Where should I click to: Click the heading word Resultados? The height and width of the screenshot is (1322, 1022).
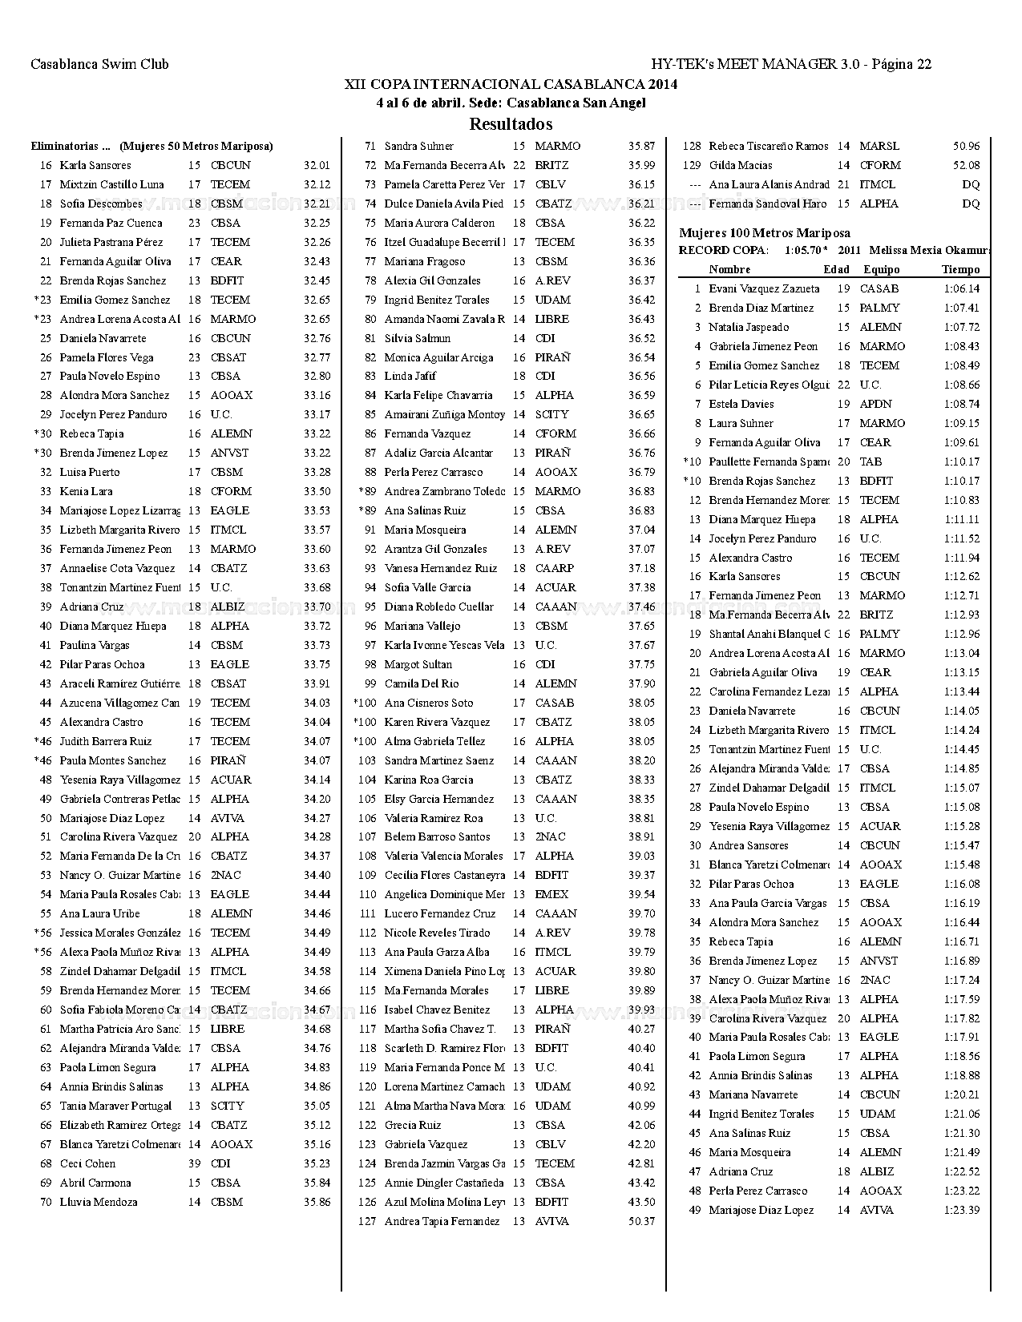click(x=511, y=124)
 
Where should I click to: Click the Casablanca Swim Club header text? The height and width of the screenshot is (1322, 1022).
click(x=99, y=65)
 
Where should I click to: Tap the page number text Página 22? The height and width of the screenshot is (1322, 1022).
click(x=901, y=65)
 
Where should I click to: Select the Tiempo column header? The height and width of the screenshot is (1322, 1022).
click(x=960, y=270)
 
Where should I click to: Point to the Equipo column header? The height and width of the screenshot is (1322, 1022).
click(x=881, y=270)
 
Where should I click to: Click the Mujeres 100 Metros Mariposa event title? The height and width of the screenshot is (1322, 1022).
click(x=765, y=233)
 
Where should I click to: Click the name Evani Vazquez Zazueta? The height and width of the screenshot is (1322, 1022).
click(x=764, y=288)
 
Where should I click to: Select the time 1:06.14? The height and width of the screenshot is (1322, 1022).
click(x=961, y=288)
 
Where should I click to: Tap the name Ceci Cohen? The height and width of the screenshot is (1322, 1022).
click(x=87, y=1163)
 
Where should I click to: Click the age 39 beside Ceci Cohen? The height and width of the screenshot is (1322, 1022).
click(x=194, y=1163)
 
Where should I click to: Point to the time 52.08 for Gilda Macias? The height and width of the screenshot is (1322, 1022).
click(x=966, y=165)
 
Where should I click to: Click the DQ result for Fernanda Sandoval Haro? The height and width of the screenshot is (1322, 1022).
click(x=970, y=204)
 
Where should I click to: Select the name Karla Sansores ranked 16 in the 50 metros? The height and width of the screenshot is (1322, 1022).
click(x=95, y=165)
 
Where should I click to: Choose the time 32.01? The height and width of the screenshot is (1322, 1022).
click(x=317, y=165)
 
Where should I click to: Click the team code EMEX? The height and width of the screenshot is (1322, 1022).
click(x=551, y=894)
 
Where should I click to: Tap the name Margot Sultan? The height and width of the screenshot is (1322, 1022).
click(x=418, y=664)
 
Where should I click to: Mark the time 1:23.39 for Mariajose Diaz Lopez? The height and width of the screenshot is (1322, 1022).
click(x=961, y=1210)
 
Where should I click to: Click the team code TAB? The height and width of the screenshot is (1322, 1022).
click(x=871, y=461)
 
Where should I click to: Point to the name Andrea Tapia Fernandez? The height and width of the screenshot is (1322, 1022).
click(x=442, y=1221)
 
